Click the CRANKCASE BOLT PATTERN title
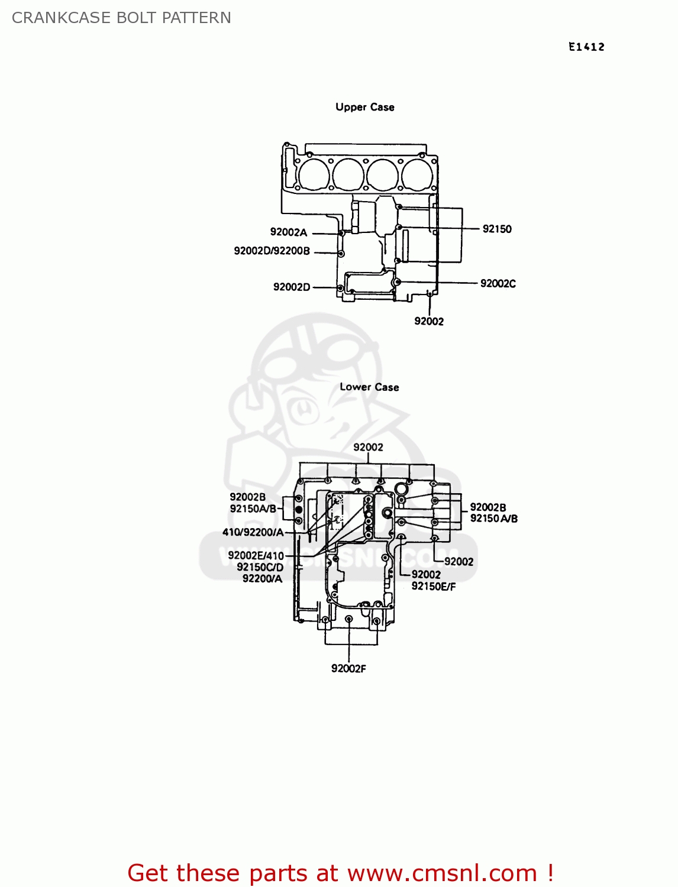tap(121, 18)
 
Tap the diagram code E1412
tap(586, 47)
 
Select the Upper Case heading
tap(364, 107)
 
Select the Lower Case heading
tap(369, 387)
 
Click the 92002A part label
tap(289, 232)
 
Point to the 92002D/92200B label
tap(272, 251)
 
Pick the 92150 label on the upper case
tap(497, 229)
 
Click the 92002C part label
tap(498, 283)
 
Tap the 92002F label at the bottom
tap(348, 669)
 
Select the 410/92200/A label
tap(253, 532)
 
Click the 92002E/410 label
tap(256, 555)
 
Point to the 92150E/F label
tap(434, 587)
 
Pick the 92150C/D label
tap(260, 567)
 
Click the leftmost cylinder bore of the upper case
tap(314, 173)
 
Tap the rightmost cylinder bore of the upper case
tap(417, 173)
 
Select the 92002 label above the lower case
tap(368, 447)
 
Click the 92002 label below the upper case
tap(429, 321)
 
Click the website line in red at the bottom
tap(340, 873)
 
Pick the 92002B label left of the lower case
tap(247, 497)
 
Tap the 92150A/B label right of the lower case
tap(494, 519)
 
